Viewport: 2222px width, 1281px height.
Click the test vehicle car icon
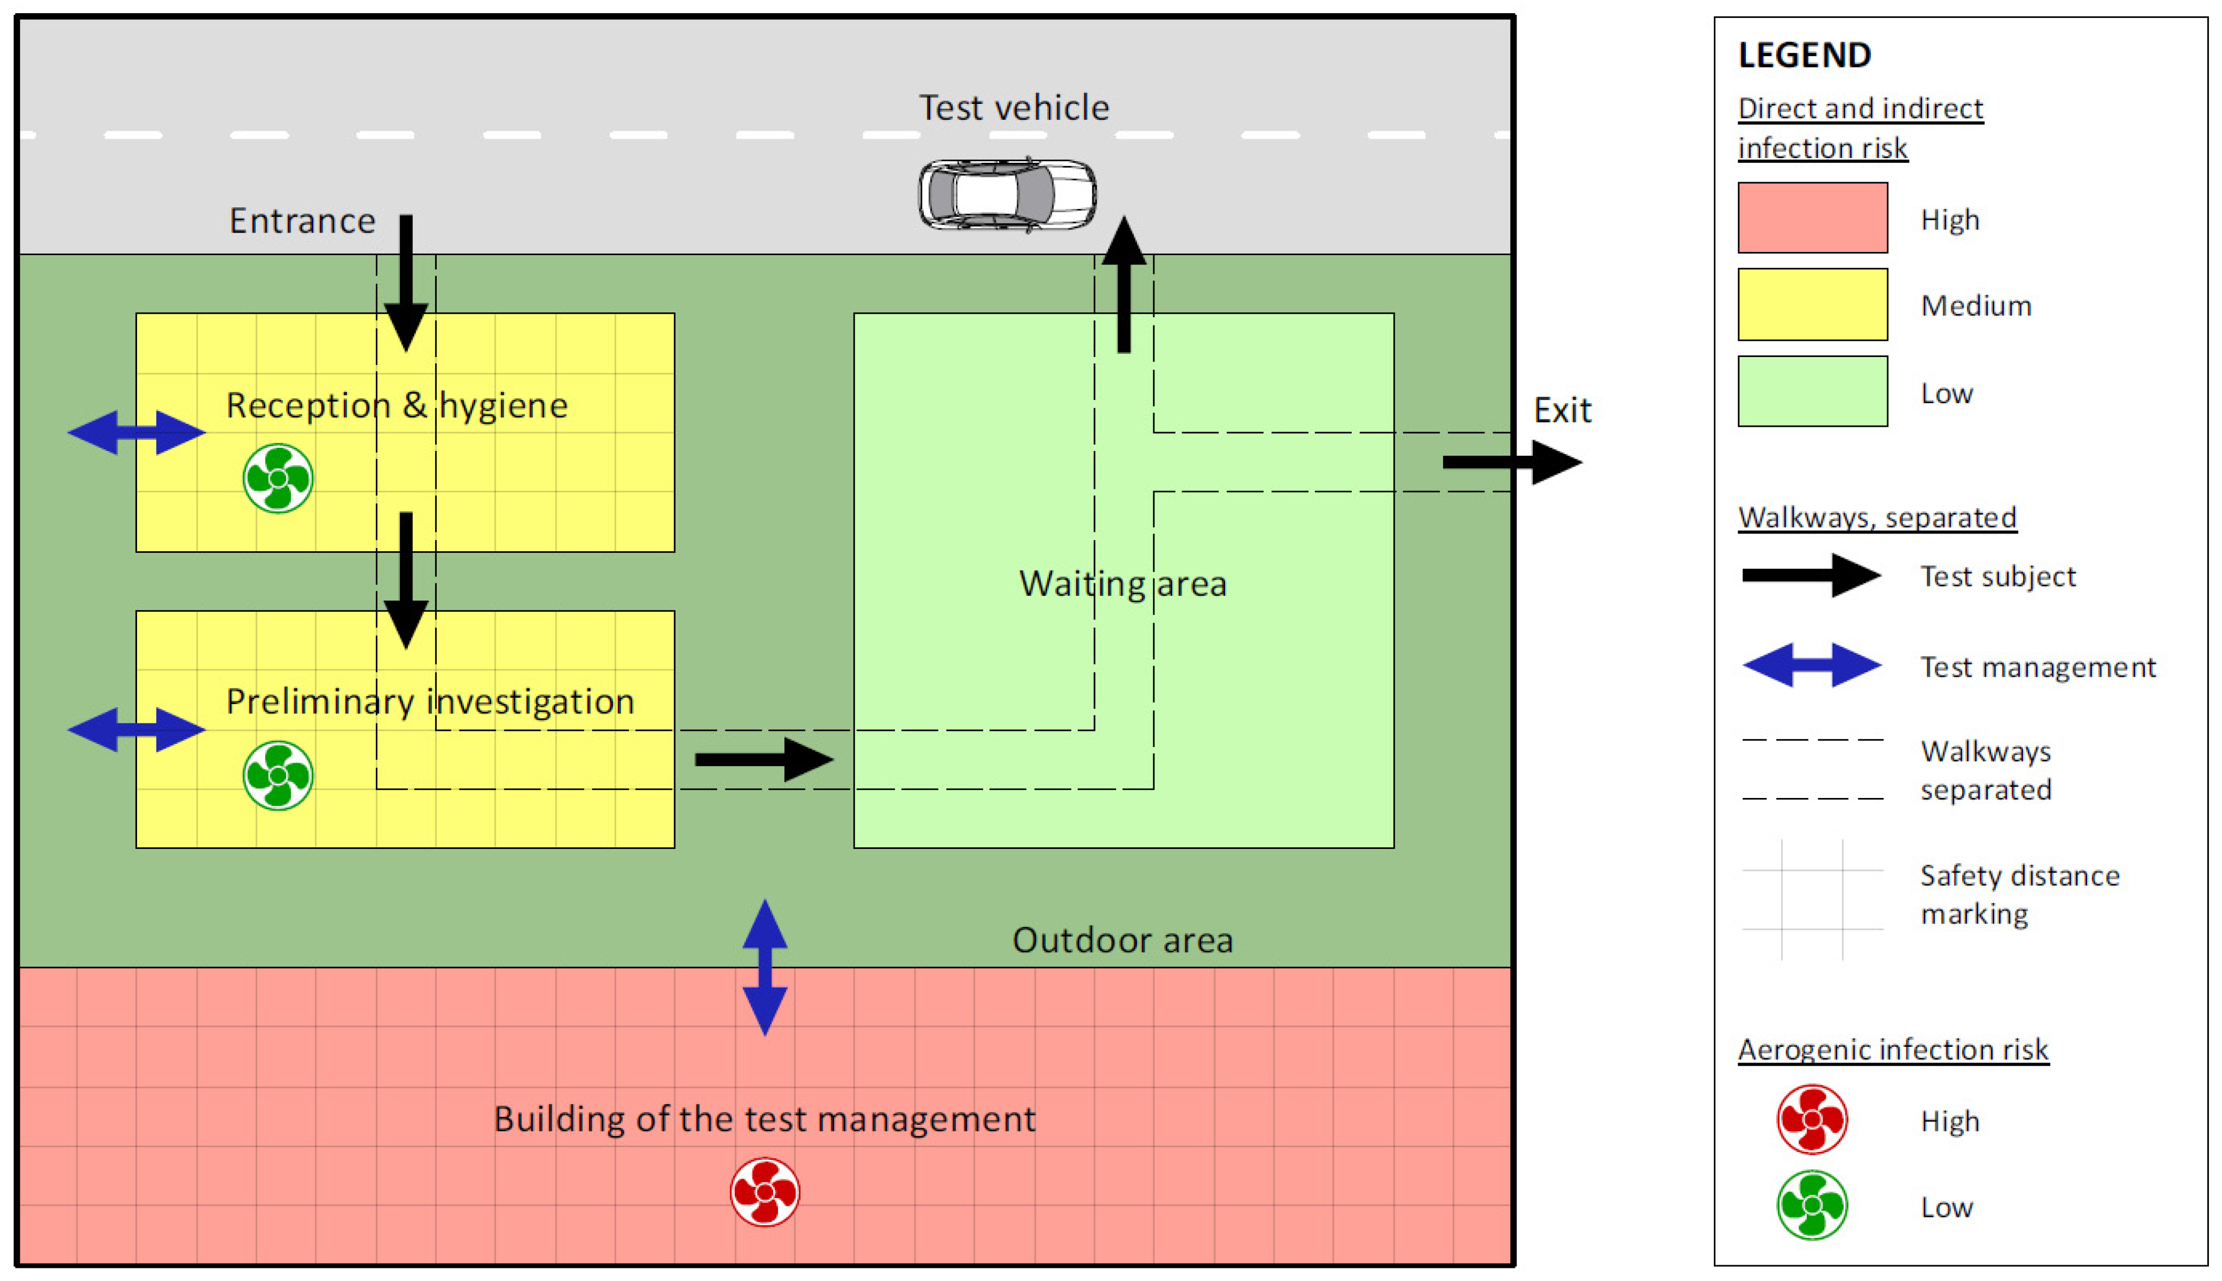coord(1007,194)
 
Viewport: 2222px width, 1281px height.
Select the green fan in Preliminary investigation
coord(278,775)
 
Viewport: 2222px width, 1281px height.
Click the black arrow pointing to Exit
coord(1511,462)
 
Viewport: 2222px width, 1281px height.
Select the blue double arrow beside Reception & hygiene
coord(136,432)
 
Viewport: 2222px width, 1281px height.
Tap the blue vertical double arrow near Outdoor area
coord(764,967)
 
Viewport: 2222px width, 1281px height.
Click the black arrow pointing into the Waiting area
coord(764,759)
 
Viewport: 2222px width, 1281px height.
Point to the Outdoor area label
coord(1122,940)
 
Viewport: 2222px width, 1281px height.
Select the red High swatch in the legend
coord(1812,217)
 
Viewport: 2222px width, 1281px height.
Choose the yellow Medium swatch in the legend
coord(1812,304)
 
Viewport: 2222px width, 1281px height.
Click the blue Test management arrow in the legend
coord(1812,665)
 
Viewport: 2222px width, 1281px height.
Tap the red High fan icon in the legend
coord(1812,1119)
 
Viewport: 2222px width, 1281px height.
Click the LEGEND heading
coord(1804,56)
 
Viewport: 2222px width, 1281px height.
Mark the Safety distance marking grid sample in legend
coord(1812,898)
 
